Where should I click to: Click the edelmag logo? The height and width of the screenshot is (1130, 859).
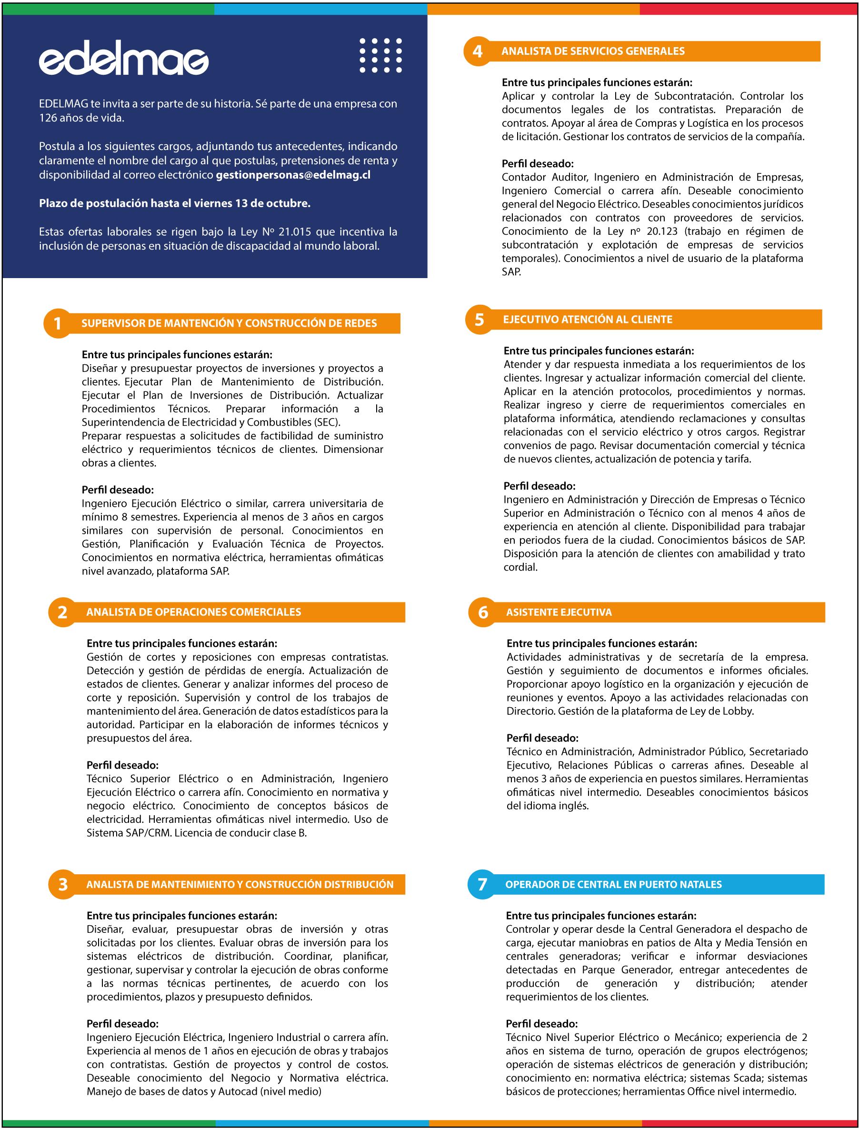click(124, 62)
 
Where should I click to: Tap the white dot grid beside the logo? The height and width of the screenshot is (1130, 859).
click(380, 55)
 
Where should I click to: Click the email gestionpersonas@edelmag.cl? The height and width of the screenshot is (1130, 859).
click(293, 175)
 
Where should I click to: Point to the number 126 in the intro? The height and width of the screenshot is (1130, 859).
click(48, 118)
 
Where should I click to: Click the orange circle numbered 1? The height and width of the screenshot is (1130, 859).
click(57, 324)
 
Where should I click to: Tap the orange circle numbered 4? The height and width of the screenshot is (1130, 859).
click(477, 51)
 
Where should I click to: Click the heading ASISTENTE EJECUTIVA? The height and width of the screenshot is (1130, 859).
click(559, 612)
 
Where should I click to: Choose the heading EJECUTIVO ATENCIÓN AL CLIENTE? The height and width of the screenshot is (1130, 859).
click(588, 320)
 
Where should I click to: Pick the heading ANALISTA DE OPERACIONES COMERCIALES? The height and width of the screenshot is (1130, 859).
click(193, 612)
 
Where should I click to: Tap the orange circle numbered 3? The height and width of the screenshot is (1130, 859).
click(62, 885)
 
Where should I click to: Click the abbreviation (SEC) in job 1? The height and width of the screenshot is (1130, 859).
click(328, 422)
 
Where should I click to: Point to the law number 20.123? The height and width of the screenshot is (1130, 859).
click(662, 231)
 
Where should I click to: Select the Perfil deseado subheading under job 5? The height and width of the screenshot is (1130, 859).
click(539, 486)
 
